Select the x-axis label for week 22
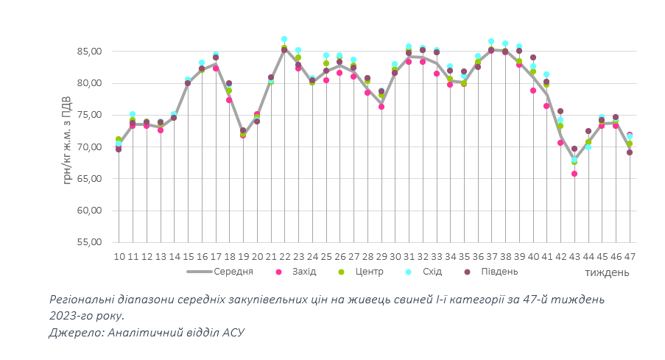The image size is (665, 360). (284, 256)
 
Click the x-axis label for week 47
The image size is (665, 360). (630, 256)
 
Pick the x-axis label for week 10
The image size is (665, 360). (119, 256)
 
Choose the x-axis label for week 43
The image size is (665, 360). (574, 256)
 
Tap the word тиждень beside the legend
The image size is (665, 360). (607, 272)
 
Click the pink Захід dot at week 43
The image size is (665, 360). (574, 174)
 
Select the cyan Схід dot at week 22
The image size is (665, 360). (284, 39)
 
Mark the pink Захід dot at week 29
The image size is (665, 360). (381, 107)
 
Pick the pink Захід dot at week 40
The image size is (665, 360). (533, 91)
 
